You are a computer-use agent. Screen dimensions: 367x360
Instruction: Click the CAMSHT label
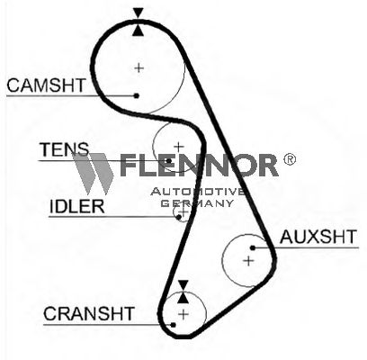coord(46,85)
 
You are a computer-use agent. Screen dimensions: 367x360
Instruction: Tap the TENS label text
coord(65,149)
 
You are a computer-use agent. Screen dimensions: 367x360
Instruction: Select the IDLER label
coord(76,206)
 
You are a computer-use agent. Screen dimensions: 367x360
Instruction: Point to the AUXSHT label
coord(318,237)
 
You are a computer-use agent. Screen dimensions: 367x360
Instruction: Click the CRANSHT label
coord(89,314)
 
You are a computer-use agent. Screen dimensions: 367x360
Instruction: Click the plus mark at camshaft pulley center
coord(139,67)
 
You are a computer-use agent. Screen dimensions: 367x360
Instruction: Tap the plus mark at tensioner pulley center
coord(179,147)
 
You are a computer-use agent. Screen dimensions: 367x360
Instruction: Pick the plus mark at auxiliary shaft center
coord(248,261)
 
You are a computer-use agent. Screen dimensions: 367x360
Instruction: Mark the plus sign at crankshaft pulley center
coord(183,314)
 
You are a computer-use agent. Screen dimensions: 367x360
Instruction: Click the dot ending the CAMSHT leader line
coord(137,95)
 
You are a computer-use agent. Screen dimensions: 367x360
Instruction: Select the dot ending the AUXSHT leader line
coord(253,247)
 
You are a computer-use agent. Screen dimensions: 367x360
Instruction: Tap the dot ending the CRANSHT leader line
coord(173,325)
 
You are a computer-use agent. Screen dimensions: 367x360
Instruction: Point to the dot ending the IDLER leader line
coord(179,217)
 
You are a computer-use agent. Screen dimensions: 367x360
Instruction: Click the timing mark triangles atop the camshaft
coord(139,22)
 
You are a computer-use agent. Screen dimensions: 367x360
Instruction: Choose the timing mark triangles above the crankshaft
coord(183,292)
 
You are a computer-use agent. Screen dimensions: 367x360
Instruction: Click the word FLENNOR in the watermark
coord(199,166)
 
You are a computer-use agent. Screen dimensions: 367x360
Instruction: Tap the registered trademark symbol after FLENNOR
coord(290,159)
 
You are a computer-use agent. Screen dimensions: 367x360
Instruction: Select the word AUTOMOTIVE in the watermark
coord(198,192)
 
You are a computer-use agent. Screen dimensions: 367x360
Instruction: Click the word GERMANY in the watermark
coord(197,203)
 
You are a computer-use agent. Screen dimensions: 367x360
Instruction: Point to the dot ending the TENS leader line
coord(169,161)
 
